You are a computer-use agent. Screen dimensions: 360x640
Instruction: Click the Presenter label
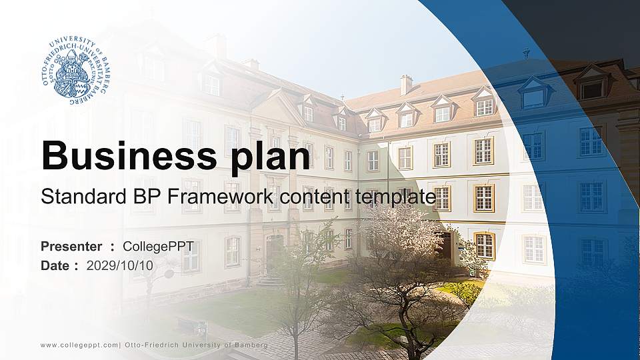point(71,247)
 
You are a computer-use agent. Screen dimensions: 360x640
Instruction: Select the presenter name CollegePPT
point(159,247)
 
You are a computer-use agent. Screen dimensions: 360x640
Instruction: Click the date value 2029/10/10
point(120,265)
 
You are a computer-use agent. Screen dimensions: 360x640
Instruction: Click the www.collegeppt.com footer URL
point(79,345)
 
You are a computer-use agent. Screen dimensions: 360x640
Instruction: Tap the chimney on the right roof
point(405,84)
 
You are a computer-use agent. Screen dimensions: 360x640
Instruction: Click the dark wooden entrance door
point(443,245)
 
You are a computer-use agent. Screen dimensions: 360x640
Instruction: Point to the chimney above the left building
point(219,45)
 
